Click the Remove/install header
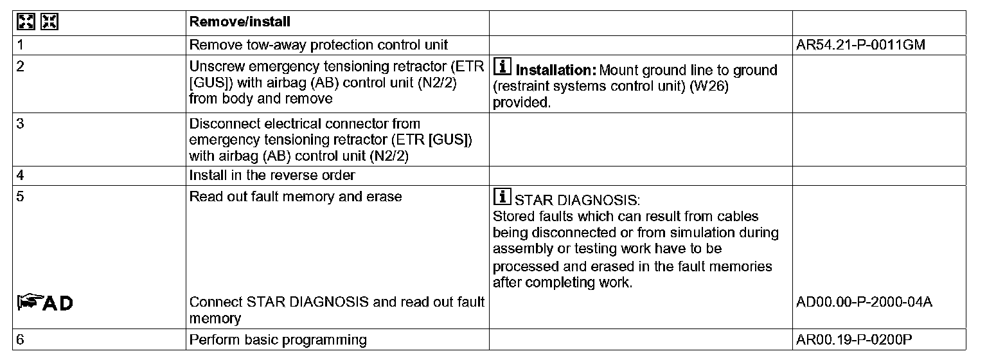[x=240, y=22]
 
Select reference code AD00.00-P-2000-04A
[x=864, y=302]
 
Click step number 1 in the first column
[x=20, y=45]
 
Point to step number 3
[x=20, y=123]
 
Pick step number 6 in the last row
[x=20, y=339]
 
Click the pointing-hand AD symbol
[x=44, y=302]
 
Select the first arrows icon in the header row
[x=25, y=21]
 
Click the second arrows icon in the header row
[x=49, y=21]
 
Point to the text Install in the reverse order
[x=272, y=175]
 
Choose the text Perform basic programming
[x=278, y=339]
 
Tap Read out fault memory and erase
[x=296, y=196]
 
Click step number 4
[x=20, y=175]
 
